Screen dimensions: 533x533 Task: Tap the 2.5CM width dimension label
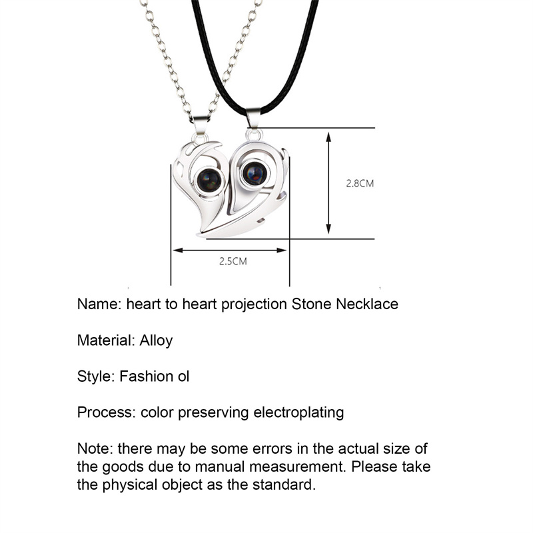[233, 262]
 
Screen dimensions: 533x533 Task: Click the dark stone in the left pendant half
[210, 179]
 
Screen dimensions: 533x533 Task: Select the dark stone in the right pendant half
[255, 173]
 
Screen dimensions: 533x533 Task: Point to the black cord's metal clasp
[253, 119]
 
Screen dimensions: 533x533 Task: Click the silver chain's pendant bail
[201, 127]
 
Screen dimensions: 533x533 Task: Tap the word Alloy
[156, 340]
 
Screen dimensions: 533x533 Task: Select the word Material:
[106, 340]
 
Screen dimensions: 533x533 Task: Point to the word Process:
[107, 412]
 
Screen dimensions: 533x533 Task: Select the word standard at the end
[285, 484]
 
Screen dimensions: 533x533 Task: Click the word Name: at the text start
[99, 304]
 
